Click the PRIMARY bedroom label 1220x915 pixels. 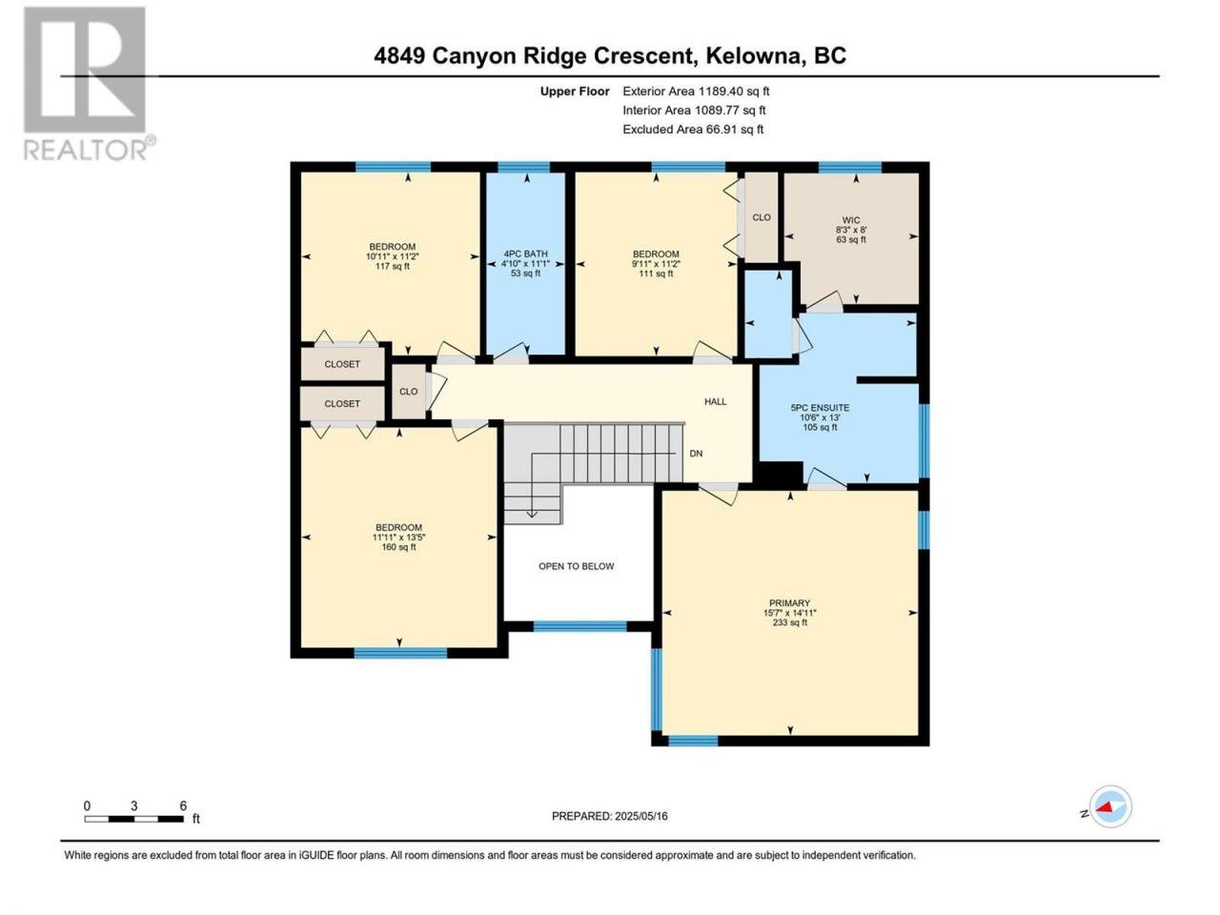[789, 602]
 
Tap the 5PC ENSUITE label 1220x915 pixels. [820, 408]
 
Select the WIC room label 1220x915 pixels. [851, 220]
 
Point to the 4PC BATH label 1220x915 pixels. [524, 254]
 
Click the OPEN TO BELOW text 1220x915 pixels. [577, 566]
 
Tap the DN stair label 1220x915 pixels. [696, 454]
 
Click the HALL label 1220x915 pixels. [716, 401]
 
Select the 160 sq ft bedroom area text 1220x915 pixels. [398, 547]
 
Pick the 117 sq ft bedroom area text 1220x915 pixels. [393, 266]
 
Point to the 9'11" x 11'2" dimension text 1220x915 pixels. [656, 264]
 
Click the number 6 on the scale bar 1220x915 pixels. [183, 805]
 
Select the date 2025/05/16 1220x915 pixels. [640, 816]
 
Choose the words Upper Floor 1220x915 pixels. [575, 91]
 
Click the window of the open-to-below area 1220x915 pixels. [580, 626]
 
